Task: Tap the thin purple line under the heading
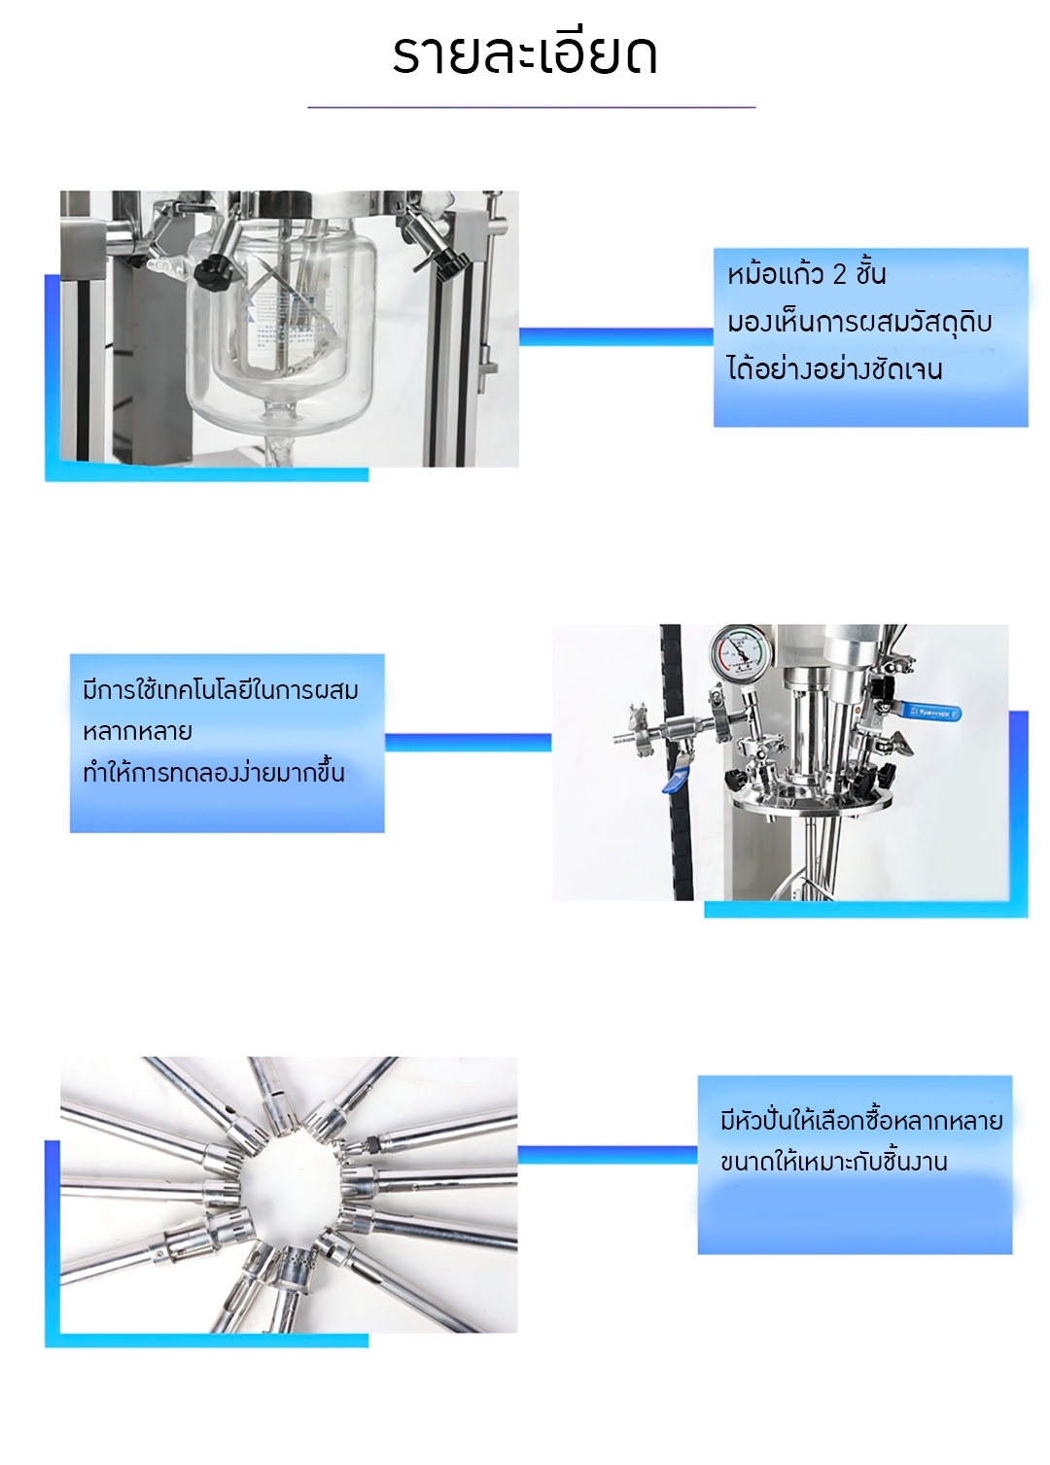(531, 107)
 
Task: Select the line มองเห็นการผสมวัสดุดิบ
(859, 322)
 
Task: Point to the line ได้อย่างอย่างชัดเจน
(835, 368)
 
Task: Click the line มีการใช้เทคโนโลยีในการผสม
(221, 690)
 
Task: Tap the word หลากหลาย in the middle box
(137, 731)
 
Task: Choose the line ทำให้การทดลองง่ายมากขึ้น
(213, 773)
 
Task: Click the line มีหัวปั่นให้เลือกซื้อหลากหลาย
(861, 1121)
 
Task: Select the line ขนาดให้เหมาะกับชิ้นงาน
(833, 1163)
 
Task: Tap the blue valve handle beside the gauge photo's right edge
(929, 711)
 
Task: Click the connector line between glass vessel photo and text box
(616, 336)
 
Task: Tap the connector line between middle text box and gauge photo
(469, 742)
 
